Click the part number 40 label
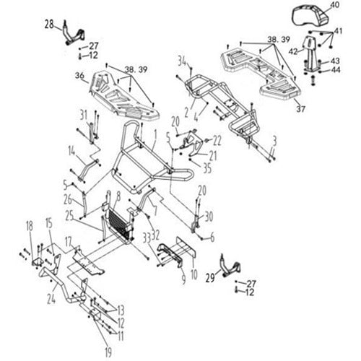[335, 5]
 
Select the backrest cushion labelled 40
[310, 17]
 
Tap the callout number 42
[293, 51]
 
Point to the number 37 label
[300, 109]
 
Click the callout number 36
[79, 76]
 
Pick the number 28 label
[49, 25]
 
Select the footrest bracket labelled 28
[73, 33]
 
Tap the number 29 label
[210, 278]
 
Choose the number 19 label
[108, 353]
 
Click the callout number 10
[194, 274]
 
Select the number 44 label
[336, 70]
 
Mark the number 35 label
[207, 168]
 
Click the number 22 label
[217, 142]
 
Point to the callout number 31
[84, 116]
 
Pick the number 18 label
[30, 226]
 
